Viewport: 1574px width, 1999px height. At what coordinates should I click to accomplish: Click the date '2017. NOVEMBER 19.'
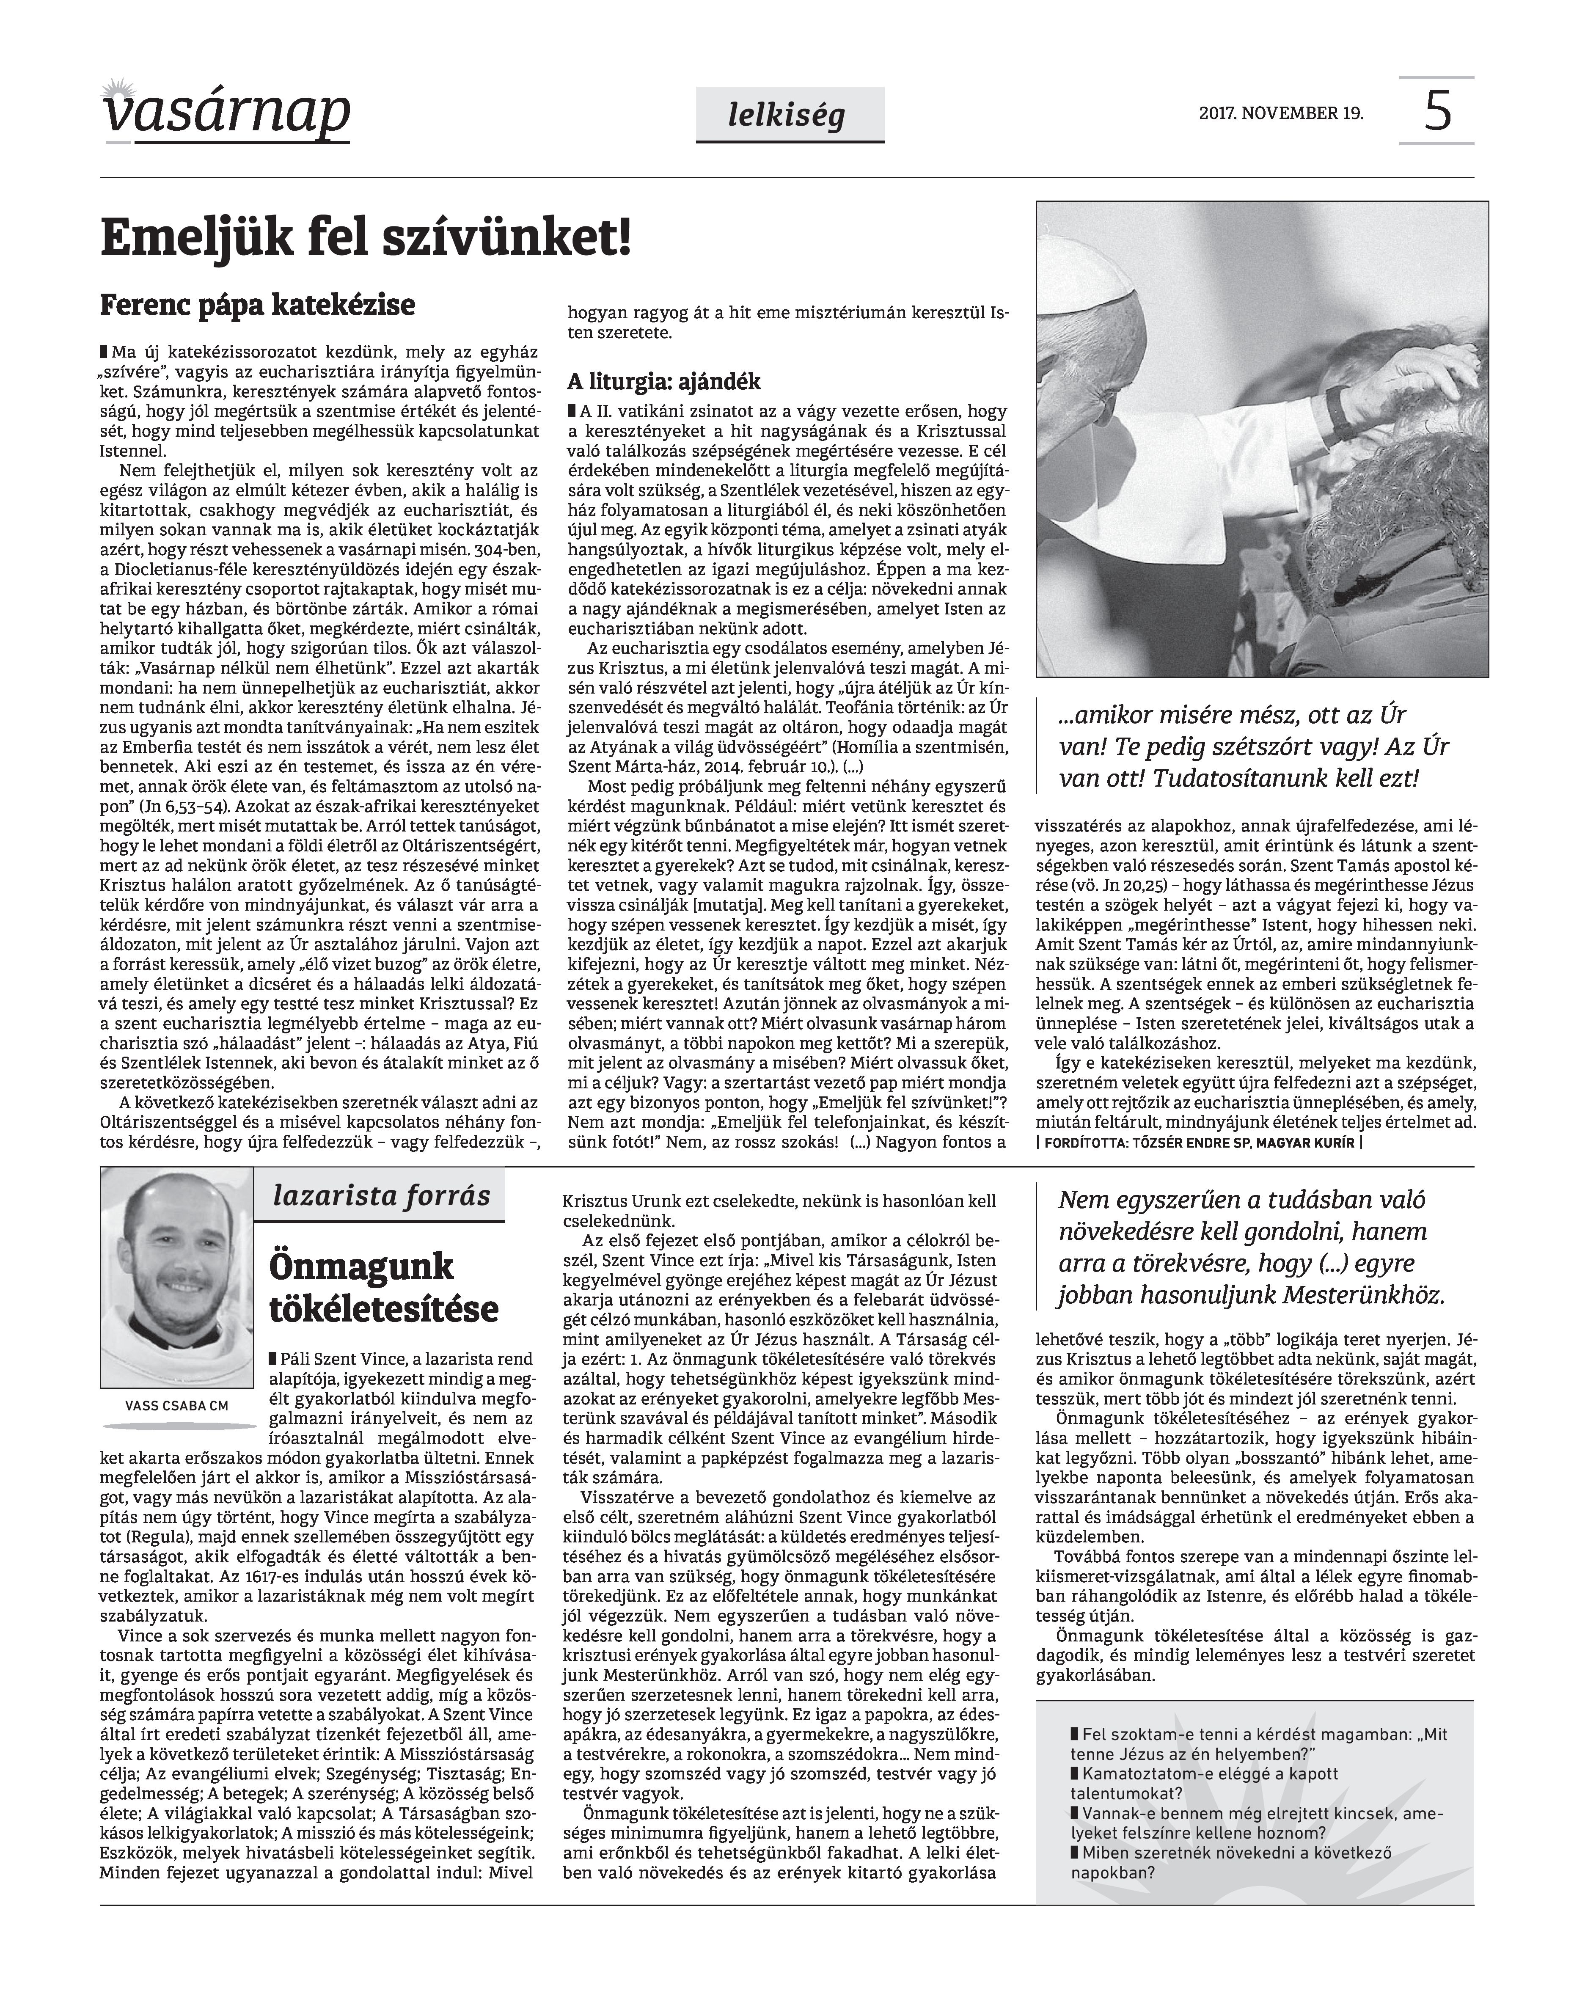[1281, 113]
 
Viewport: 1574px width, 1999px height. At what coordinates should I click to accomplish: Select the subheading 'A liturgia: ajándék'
[663, 382]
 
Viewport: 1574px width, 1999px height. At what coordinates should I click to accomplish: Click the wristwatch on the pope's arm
[1338, 411]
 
